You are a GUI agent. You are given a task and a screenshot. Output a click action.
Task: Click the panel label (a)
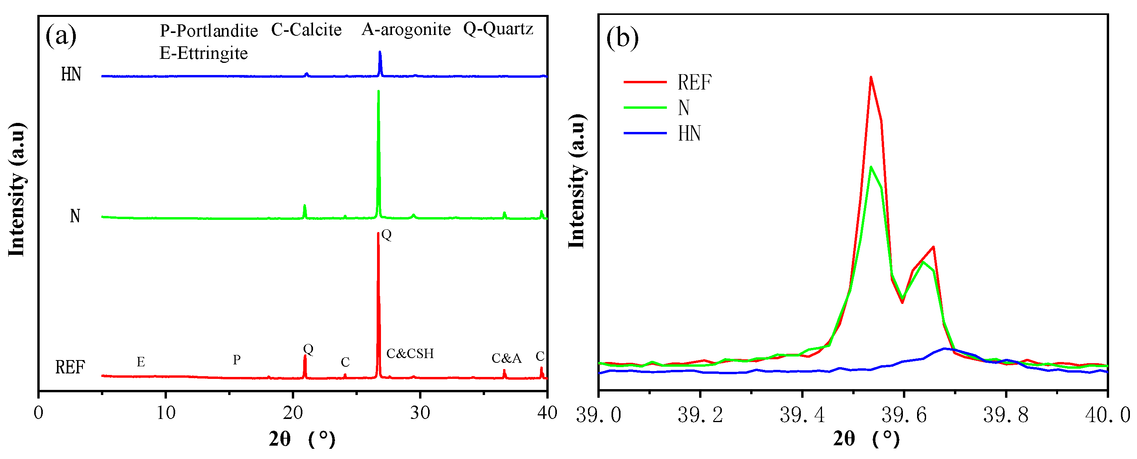(x=61, y=35)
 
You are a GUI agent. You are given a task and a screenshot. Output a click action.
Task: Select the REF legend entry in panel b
(x=694, y=82)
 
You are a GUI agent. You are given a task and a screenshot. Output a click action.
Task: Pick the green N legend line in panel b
(x=645, y=107)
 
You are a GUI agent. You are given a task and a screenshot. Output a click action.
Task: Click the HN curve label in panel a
(x=71, y=74)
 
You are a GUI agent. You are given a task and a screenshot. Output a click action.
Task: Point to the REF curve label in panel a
(x=70, y=367)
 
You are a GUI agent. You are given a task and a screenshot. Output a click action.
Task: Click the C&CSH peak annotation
(x=410, y=353)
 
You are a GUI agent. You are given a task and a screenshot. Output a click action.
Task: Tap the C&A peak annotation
(x=506, y=358)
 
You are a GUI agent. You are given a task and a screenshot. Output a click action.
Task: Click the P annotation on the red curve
(x=236, y=360)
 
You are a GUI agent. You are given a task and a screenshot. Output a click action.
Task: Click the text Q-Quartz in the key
(x=498, y=29)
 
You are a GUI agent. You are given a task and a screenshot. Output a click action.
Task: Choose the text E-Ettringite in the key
(x=203, y=53)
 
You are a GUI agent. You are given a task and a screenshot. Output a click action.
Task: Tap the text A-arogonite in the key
(x=406, y=29)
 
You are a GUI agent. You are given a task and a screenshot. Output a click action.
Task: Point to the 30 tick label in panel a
(x=420, y=413)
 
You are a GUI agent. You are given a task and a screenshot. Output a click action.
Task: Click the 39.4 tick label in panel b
(x=802, y=415)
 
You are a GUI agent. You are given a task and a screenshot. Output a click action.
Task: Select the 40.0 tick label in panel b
(x=1108, y=415)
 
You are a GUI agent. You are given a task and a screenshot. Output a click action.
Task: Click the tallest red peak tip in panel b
(x=870, y=78)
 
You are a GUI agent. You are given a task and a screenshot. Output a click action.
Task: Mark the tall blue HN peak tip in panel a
(x=379, y=52)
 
